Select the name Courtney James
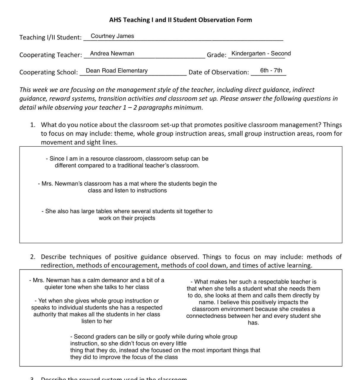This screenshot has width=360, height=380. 112,36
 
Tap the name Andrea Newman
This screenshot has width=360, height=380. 112,53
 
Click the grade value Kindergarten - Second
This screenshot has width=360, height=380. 261,53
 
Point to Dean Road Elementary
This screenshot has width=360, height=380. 116,71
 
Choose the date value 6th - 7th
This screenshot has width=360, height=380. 271,70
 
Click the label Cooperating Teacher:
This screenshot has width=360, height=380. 50,55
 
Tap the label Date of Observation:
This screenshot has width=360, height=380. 219,72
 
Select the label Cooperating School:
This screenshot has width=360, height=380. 48,72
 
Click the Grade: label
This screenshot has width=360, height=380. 217,55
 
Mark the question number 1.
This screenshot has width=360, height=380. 33,125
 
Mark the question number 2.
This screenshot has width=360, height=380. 33,256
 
